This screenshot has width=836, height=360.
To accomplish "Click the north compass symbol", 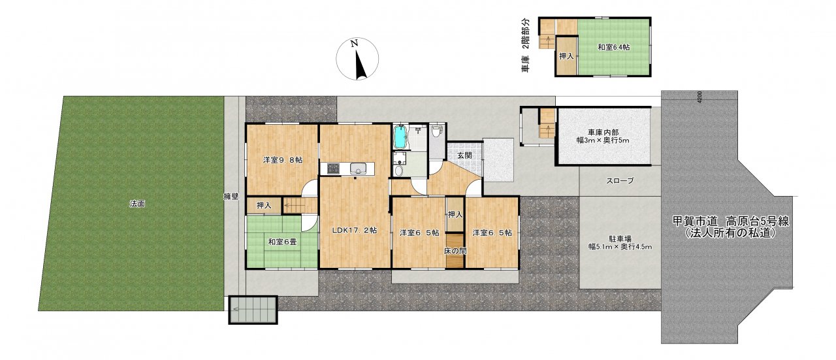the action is [x=357, y=59].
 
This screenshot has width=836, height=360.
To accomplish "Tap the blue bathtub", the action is [x=400, y=137].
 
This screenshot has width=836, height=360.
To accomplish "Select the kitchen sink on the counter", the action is [x=357, y=169].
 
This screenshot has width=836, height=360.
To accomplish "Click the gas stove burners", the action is [x=333, y=169].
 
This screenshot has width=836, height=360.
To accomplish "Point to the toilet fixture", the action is [x=436, y=131].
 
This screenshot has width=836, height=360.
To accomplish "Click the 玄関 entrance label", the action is [x=464, y=155].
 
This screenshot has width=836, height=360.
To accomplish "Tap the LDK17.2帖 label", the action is [x=354, y=231].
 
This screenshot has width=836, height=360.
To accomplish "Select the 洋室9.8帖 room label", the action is [x=283, y=160].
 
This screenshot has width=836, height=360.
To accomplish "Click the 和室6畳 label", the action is [x=283, y=242].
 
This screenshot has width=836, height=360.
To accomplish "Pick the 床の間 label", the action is [x=455, y=251].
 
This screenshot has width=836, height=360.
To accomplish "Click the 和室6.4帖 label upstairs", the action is [x=614, y=48].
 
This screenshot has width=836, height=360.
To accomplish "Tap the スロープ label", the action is [x=620, y=181].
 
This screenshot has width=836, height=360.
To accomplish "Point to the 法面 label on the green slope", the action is [x=137, y=204].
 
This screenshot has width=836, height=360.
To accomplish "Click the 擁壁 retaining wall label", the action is [x=231, y=197].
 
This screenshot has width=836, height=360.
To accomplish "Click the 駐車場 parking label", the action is [x=620, y=239].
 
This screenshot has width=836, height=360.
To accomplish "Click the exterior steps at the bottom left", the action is [x=253, y=310].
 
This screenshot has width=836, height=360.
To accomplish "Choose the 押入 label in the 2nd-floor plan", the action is [x=566, y=56].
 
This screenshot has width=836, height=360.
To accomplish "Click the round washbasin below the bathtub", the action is [x=399, y=171].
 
